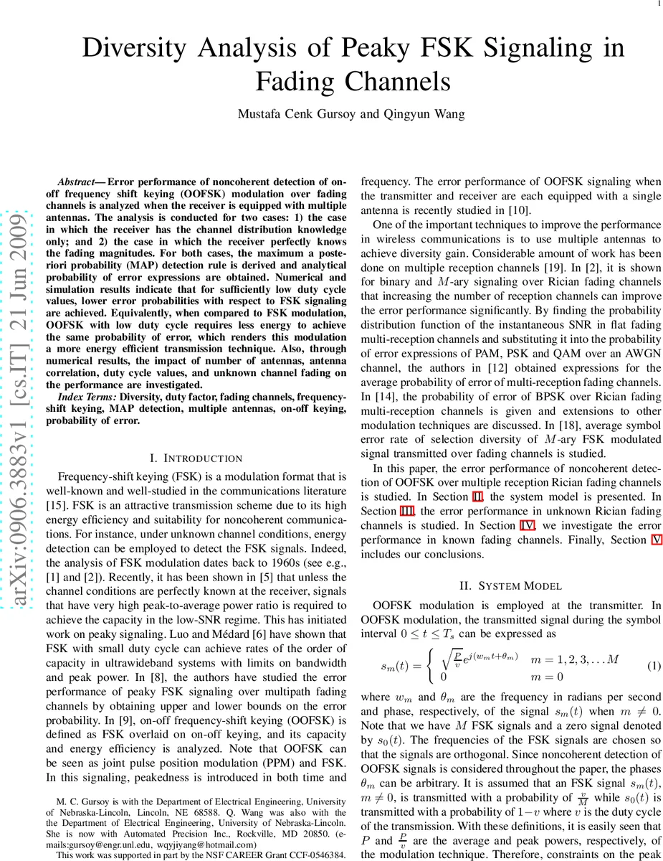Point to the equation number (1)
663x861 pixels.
tap(653, 666)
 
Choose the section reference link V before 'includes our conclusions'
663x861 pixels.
tap(656, 540)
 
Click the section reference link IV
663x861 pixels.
tap(527, 525)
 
